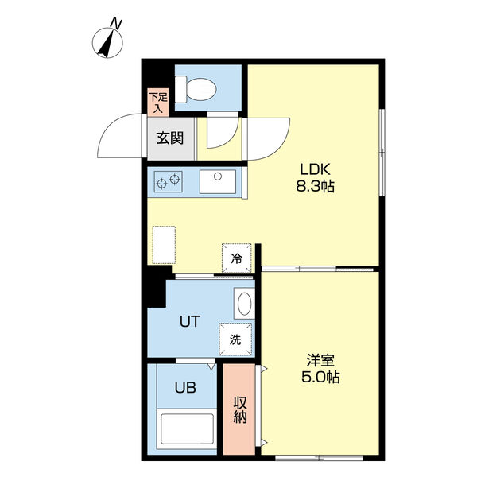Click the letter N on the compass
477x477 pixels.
(116, 24)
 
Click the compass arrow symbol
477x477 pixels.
(107, 44)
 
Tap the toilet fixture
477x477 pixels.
(196, 89)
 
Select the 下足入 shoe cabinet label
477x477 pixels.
(158, 103)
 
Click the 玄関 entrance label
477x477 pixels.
(170, 138)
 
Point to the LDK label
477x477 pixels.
(315, 169)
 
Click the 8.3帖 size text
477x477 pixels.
(315, 186)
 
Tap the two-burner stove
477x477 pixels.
(169, 181)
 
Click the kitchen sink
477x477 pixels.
(218, 181)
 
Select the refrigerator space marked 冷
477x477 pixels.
(237, 258)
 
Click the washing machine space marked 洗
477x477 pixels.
(235, 339)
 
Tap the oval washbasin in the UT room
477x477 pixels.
(244, 304)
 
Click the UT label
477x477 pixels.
(190, 321)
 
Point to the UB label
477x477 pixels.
(185, 388)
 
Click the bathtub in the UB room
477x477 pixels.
(187, 429)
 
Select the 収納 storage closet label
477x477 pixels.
(240, 409)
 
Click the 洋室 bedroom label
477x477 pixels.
(320, 360)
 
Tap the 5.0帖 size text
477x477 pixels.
(320, 377)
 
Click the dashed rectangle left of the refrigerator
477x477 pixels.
(164, 245)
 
